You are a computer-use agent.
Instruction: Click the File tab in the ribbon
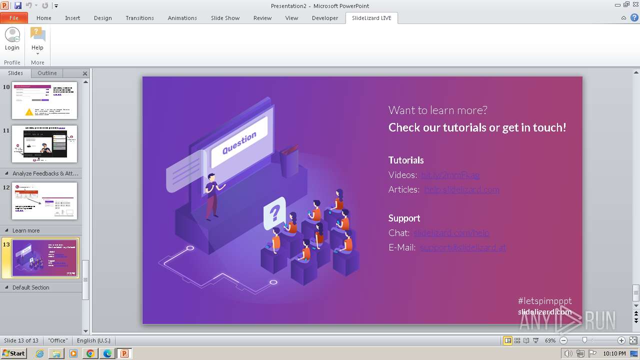click(x=13, y=18)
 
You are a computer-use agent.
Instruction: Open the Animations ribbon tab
click(x=182, y=18)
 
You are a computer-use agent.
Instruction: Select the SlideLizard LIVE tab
click(x=371, y=18)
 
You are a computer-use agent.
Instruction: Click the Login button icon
click(x=12, y=35)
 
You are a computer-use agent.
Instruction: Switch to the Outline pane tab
click(x=47, y=73)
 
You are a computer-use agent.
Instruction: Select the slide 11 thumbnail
click(x=44, y=144)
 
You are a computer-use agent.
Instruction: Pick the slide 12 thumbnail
click(x=44, y=201)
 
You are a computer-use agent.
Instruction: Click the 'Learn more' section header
click(x=26, y=230)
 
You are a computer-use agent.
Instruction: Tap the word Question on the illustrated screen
click(x=239, y=142)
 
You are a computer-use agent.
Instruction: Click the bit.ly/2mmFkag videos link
click(x=450, y=175)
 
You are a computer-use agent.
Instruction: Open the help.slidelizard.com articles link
click(x=461, y=189)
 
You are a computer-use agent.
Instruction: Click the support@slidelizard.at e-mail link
click(x=462, y=247)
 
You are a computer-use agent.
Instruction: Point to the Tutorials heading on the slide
click(x=406, y=160)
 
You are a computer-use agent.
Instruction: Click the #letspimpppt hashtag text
click(x=544, y=301)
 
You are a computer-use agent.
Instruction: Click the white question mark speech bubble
click(x=274, y=213)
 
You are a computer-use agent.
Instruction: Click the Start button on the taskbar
click(x=13, y=353)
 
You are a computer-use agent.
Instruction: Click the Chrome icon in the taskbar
click(x=90, y=353)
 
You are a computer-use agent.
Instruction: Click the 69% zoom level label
click(x=550, y=340)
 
